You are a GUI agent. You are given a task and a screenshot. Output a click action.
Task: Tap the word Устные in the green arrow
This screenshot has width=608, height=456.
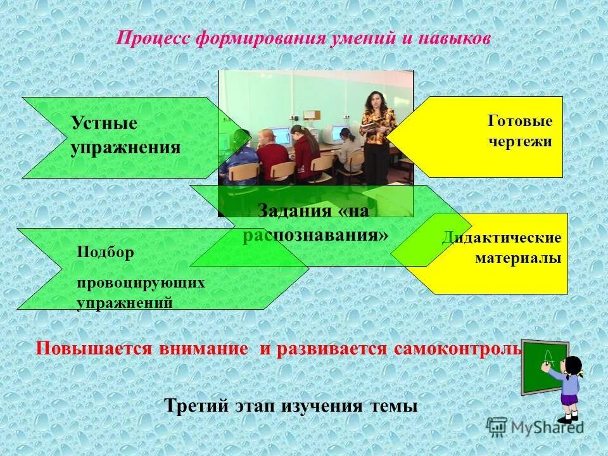(x=103, y=123)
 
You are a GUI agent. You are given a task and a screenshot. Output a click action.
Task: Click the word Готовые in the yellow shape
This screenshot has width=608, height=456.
(x=520, y=121)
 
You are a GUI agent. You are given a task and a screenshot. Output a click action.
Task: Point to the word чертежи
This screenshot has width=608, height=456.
(x=520, y=141)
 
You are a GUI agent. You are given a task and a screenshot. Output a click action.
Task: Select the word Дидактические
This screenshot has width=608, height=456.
(x=502, y=238)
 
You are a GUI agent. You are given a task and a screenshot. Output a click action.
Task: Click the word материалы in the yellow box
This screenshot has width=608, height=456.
(x=518, y=258)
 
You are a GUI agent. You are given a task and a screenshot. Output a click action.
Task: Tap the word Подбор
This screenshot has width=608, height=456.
(x=105, y=252)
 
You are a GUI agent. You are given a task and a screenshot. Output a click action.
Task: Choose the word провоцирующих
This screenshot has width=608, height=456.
(x=141, y=282)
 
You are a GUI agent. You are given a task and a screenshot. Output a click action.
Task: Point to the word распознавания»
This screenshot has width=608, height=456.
(x=315, y=235)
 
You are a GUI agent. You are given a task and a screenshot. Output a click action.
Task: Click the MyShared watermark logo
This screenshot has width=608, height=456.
(x=536, y=426)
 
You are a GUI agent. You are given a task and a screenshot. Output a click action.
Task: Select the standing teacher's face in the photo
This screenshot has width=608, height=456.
(x=371, y=101)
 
